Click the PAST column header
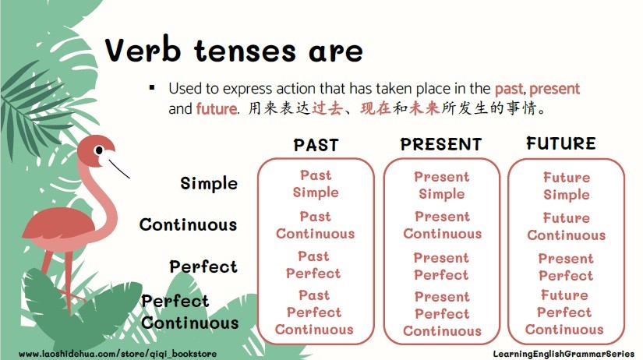point(316,145)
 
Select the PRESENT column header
point(441,144)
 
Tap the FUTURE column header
point(561,143)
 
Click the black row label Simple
point(209,184)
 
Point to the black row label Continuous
point(189,224)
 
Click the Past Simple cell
point(316,184)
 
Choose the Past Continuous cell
point(316,225)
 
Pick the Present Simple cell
point(442,185)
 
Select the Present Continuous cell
point(443,225)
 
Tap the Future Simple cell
point(567,186)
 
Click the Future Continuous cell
point(567,226)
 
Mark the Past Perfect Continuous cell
point(314,312)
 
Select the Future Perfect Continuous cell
point(564,312)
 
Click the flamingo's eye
point(99,150)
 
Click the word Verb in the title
point(143,51)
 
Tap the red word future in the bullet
point(217,108)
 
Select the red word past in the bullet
point(509,89)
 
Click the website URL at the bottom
point(118,354)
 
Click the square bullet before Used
point(152,87)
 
